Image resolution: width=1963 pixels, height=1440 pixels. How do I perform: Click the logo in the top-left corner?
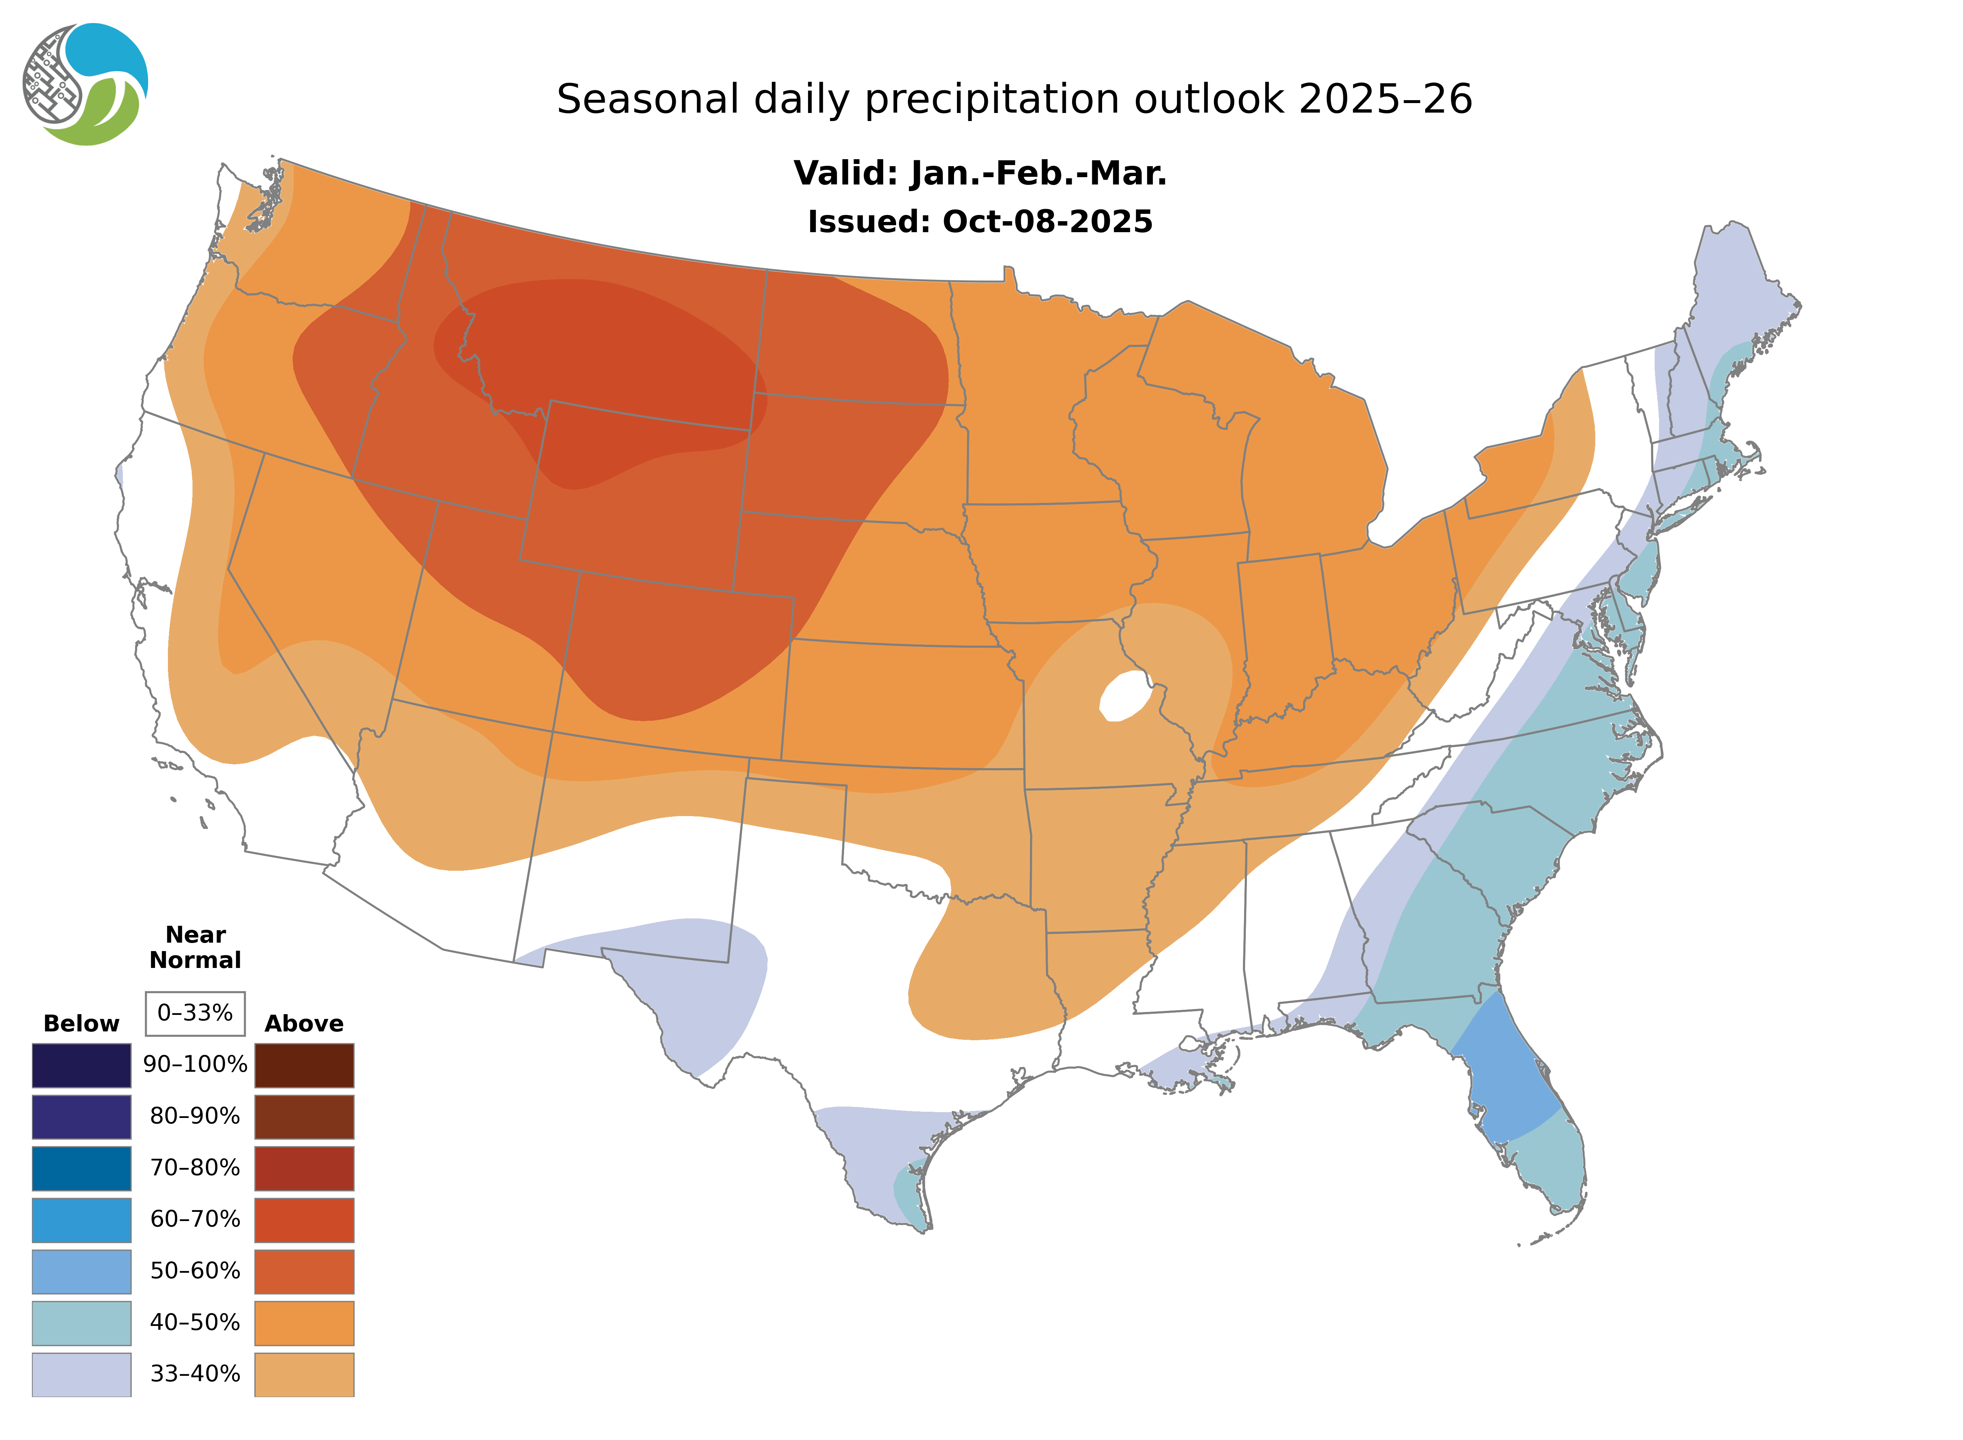coord(85,85)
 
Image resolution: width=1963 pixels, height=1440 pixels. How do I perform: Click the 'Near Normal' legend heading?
coord(195,947)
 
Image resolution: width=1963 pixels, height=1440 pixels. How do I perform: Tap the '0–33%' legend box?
coord(195,1013)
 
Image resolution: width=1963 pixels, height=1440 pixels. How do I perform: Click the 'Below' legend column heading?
coord(81,1023)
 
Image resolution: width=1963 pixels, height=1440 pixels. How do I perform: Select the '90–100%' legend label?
coord(195,1064)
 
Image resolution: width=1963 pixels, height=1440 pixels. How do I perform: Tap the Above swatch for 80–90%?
coord(304,1116)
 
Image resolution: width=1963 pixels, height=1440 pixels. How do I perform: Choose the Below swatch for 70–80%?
coord(81,1168)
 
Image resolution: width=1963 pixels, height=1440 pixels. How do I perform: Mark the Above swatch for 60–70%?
coord(304,1220)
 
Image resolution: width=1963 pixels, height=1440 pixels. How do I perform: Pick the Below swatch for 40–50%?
coord(81,1322)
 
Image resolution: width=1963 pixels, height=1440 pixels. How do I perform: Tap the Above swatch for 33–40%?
coord(304,1374)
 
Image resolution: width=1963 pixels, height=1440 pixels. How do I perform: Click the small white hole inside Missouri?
coord(1128,695)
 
